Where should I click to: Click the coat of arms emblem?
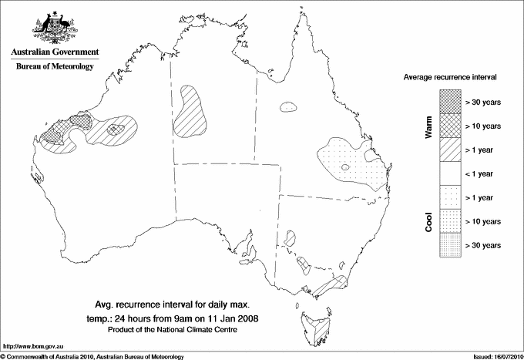53,26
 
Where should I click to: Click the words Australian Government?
54,52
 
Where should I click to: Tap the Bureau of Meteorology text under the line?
54,67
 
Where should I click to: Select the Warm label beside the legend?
429,126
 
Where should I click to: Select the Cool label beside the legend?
429,220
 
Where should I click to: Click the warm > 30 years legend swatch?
449,101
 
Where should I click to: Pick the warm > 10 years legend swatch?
449,125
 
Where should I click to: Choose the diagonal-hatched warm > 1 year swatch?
449,149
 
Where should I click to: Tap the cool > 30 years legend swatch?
449,244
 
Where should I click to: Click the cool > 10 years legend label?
483,221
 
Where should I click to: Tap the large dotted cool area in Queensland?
354,162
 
